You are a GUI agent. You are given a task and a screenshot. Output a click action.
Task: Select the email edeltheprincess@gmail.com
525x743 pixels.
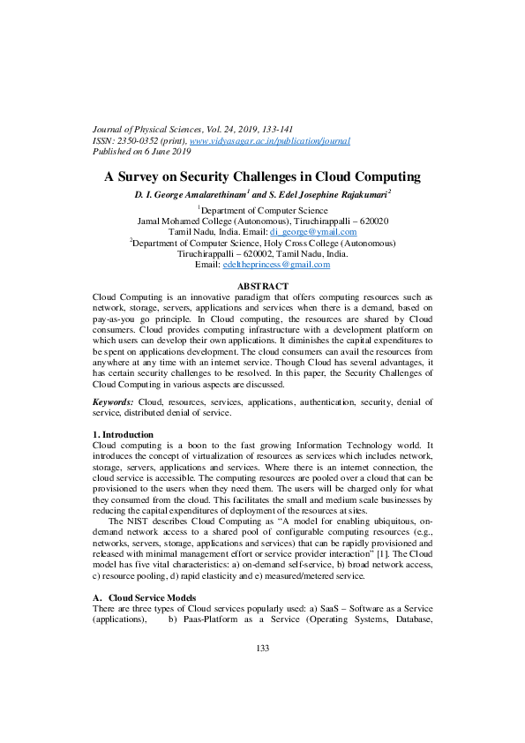tap(276, 264)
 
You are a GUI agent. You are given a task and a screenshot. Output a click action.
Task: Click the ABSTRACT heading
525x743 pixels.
tap(264, 287)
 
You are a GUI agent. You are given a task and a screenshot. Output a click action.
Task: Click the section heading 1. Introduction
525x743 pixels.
tap(123, 435)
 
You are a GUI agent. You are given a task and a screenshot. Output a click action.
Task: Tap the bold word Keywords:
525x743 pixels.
tap(113, 402)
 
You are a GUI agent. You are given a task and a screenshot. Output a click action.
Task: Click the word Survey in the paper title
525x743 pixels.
tap(142, 176)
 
